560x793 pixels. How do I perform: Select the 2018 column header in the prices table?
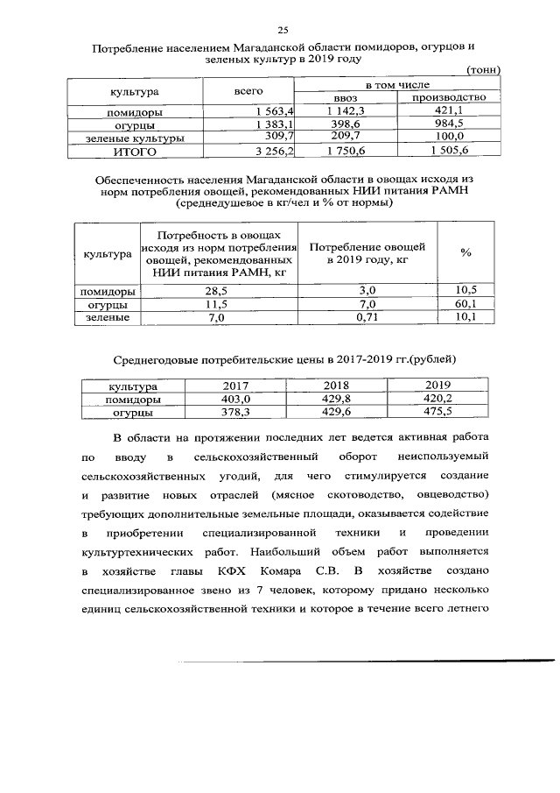[x=336, y=385]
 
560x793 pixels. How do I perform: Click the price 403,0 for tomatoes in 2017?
[x=234, y=397]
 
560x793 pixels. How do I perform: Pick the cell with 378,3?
[x=234, y=410]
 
